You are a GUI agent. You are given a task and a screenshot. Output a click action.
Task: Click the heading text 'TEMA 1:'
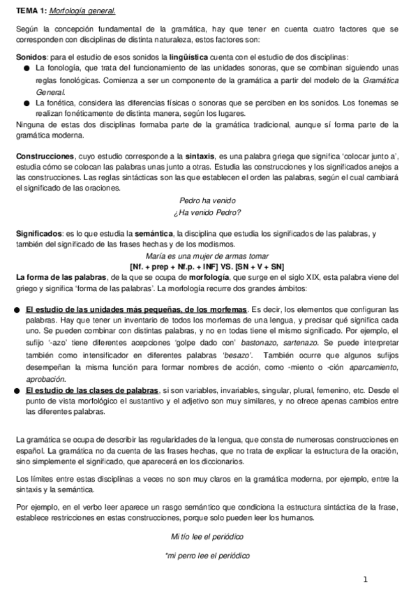[x=31, y=11]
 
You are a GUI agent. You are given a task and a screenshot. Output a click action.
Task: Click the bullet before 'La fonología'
[x=26, y=68]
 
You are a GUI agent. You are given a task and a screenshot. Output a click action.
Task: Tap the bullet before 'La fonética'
[x=26, y=103]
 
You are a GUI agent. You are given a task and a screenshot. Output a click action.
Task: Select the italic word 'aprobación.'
[x=45, y=378]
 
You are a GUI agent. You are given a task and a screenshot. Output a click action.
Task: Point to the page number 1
[x=365, y=579]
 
